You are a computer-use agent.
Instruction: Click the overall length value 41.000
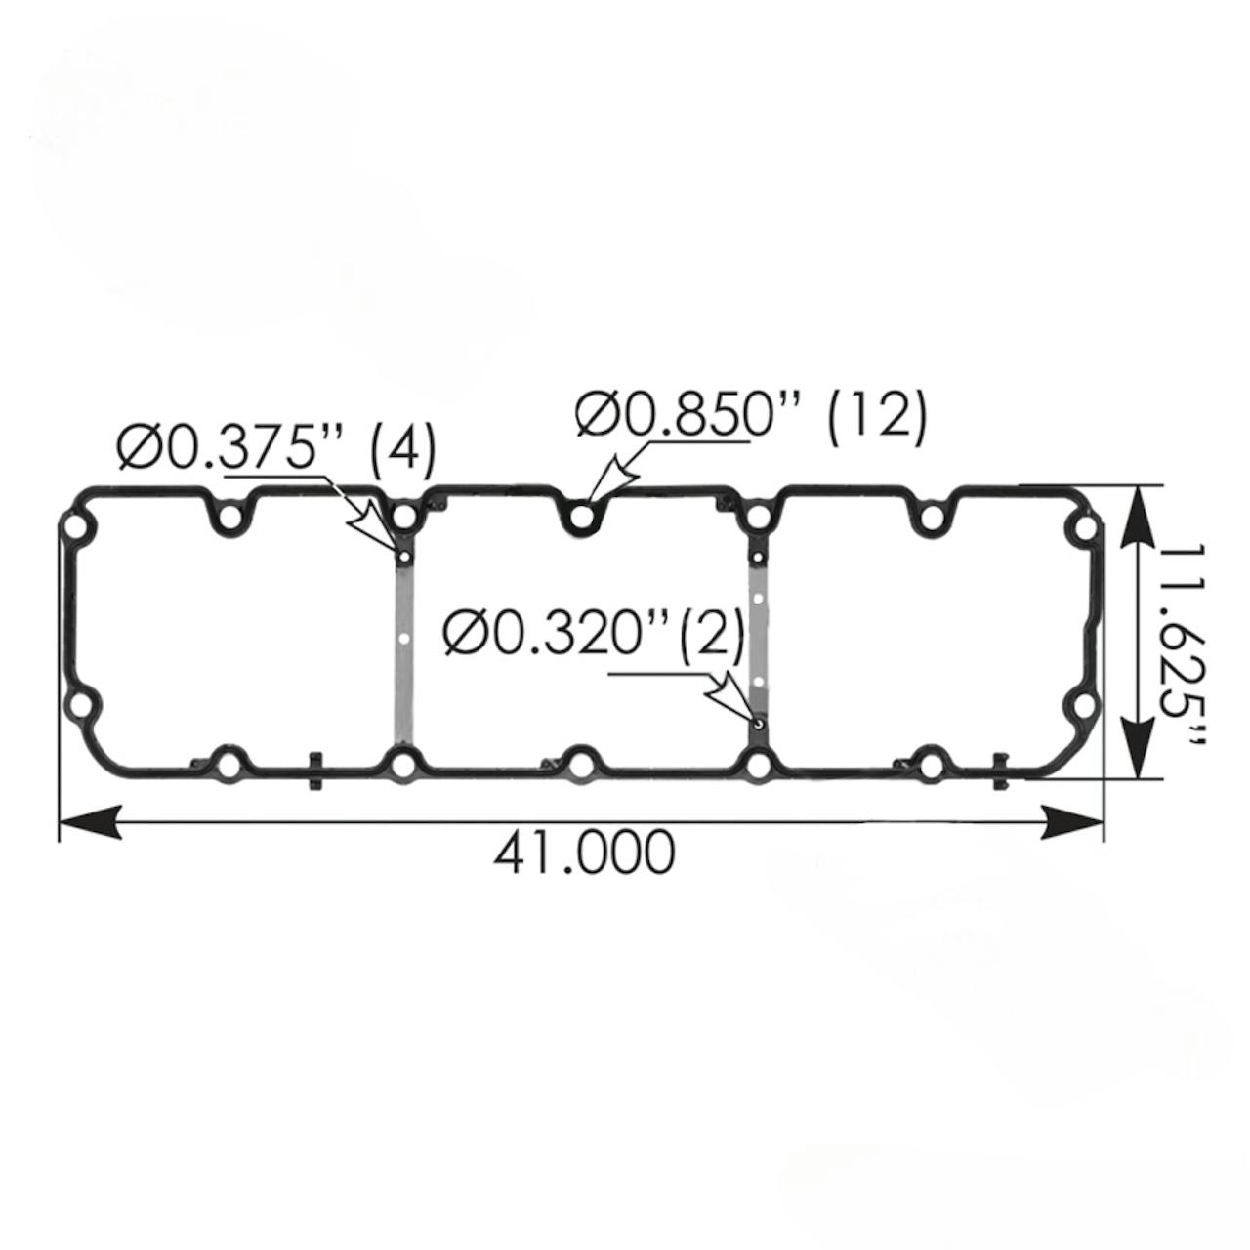(x=583, y=853)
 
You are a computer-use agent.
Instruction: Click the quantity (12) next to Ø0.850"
(x=875, y=418)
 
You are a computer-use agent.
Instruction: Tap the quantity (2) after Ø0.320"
(x=711, y=636)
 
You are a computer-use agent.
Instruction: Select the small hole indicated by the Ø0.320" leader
(x=759, y=723)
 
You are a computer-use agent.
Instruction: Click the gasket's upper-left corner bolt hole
(x=75, y=528)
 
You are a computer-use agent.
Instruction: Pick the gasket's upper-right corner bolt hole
(x=1084, y=528)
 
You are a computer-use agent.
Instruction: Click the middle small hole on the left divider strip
(x=403, y=641)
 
